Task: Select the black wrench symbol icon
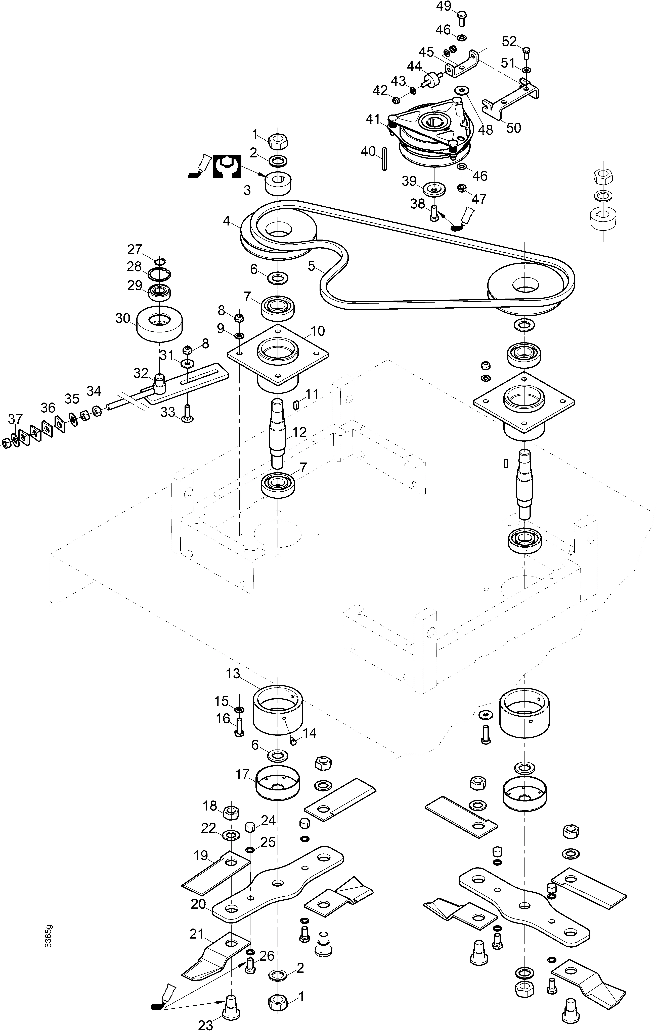227,166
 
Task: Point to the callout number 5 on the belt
311,266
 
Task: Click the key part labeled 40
383,159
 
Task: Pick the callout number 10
318,331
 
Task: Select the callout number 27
134,250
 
